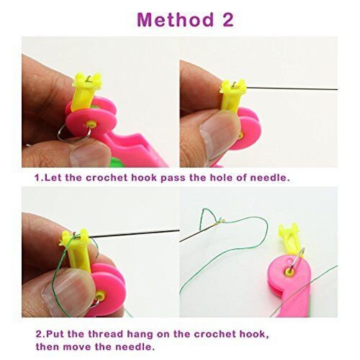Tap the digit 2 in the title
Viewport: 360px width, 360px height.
(x=226, y=20)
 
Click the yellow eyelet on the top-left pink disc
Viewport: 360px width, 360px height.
(x=92, y=124)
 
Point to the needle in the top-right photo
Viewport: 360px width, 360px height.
(x=290, y=88)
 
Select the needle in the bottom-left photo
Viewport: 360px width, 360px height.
(x=136, y=233)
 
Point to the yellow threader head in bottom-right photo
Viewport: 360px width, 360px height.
(x=289, y=238)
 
